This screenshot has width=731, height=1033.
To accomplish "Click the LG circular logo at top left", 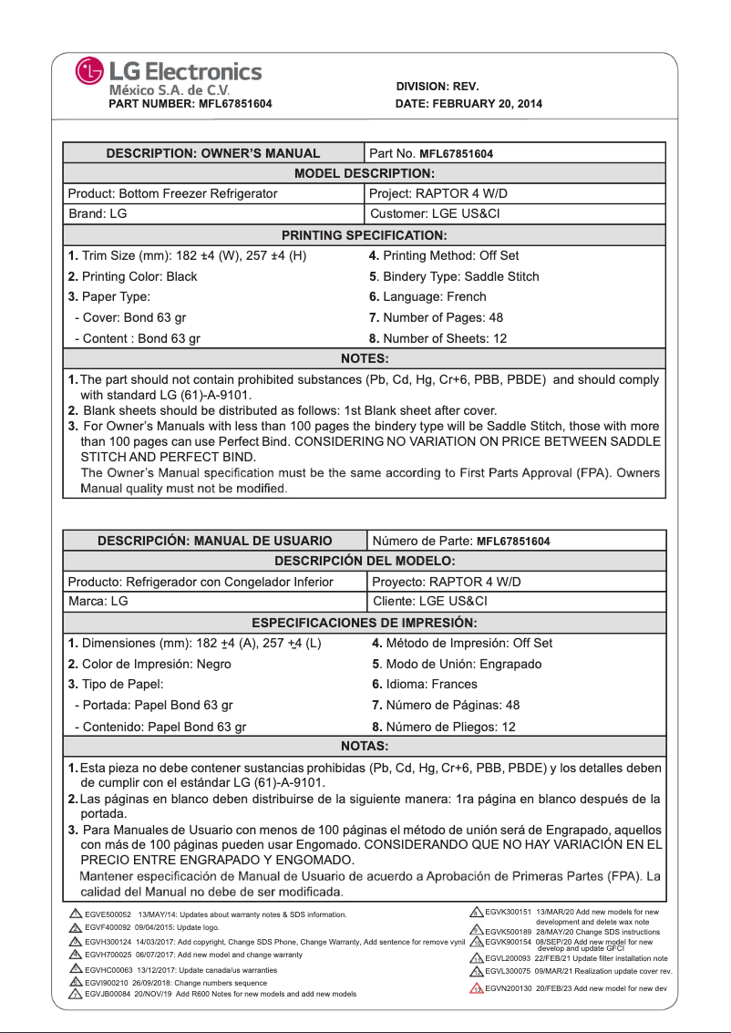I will (91, 71).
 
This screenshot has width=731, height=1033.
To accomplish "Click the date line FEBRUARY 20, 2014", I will (468, 104).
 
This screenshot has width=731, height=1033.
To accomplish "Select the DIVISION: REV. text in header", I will (438, 87).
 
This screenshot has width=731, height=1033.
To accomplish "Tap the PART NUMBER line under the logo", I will (190, 104).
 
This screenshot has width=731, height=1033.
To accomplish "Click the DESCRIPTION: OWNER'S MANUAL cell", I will (213, 153).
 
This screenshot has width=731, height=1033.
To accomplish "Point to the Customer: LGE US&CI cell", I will (435, 214).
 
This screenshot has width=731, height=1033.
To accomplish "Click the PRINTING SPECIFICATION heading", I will (364, 235).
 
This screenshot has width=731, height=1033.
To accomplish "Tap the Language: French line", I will (427, 296).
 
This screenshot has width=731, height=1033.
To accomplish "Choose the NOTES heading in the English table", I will (364, 358).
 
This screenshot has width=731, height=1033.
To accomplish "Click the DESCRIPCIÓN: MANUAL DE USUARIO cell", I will (214, 541).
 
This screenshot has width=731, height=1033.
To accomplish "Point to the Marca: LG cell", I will (98, 602).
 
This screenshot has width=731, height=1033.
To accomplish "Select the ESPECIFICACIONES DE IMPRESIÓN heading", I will (364, 623).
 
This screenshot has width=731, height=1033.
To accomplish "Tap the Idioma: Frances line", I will (424, 684).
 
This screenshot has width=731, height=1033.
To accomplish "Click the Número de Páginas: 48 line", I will (446, 705).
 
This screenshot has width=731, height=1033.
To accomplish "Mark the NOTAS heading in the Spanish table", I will (364, 747).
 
